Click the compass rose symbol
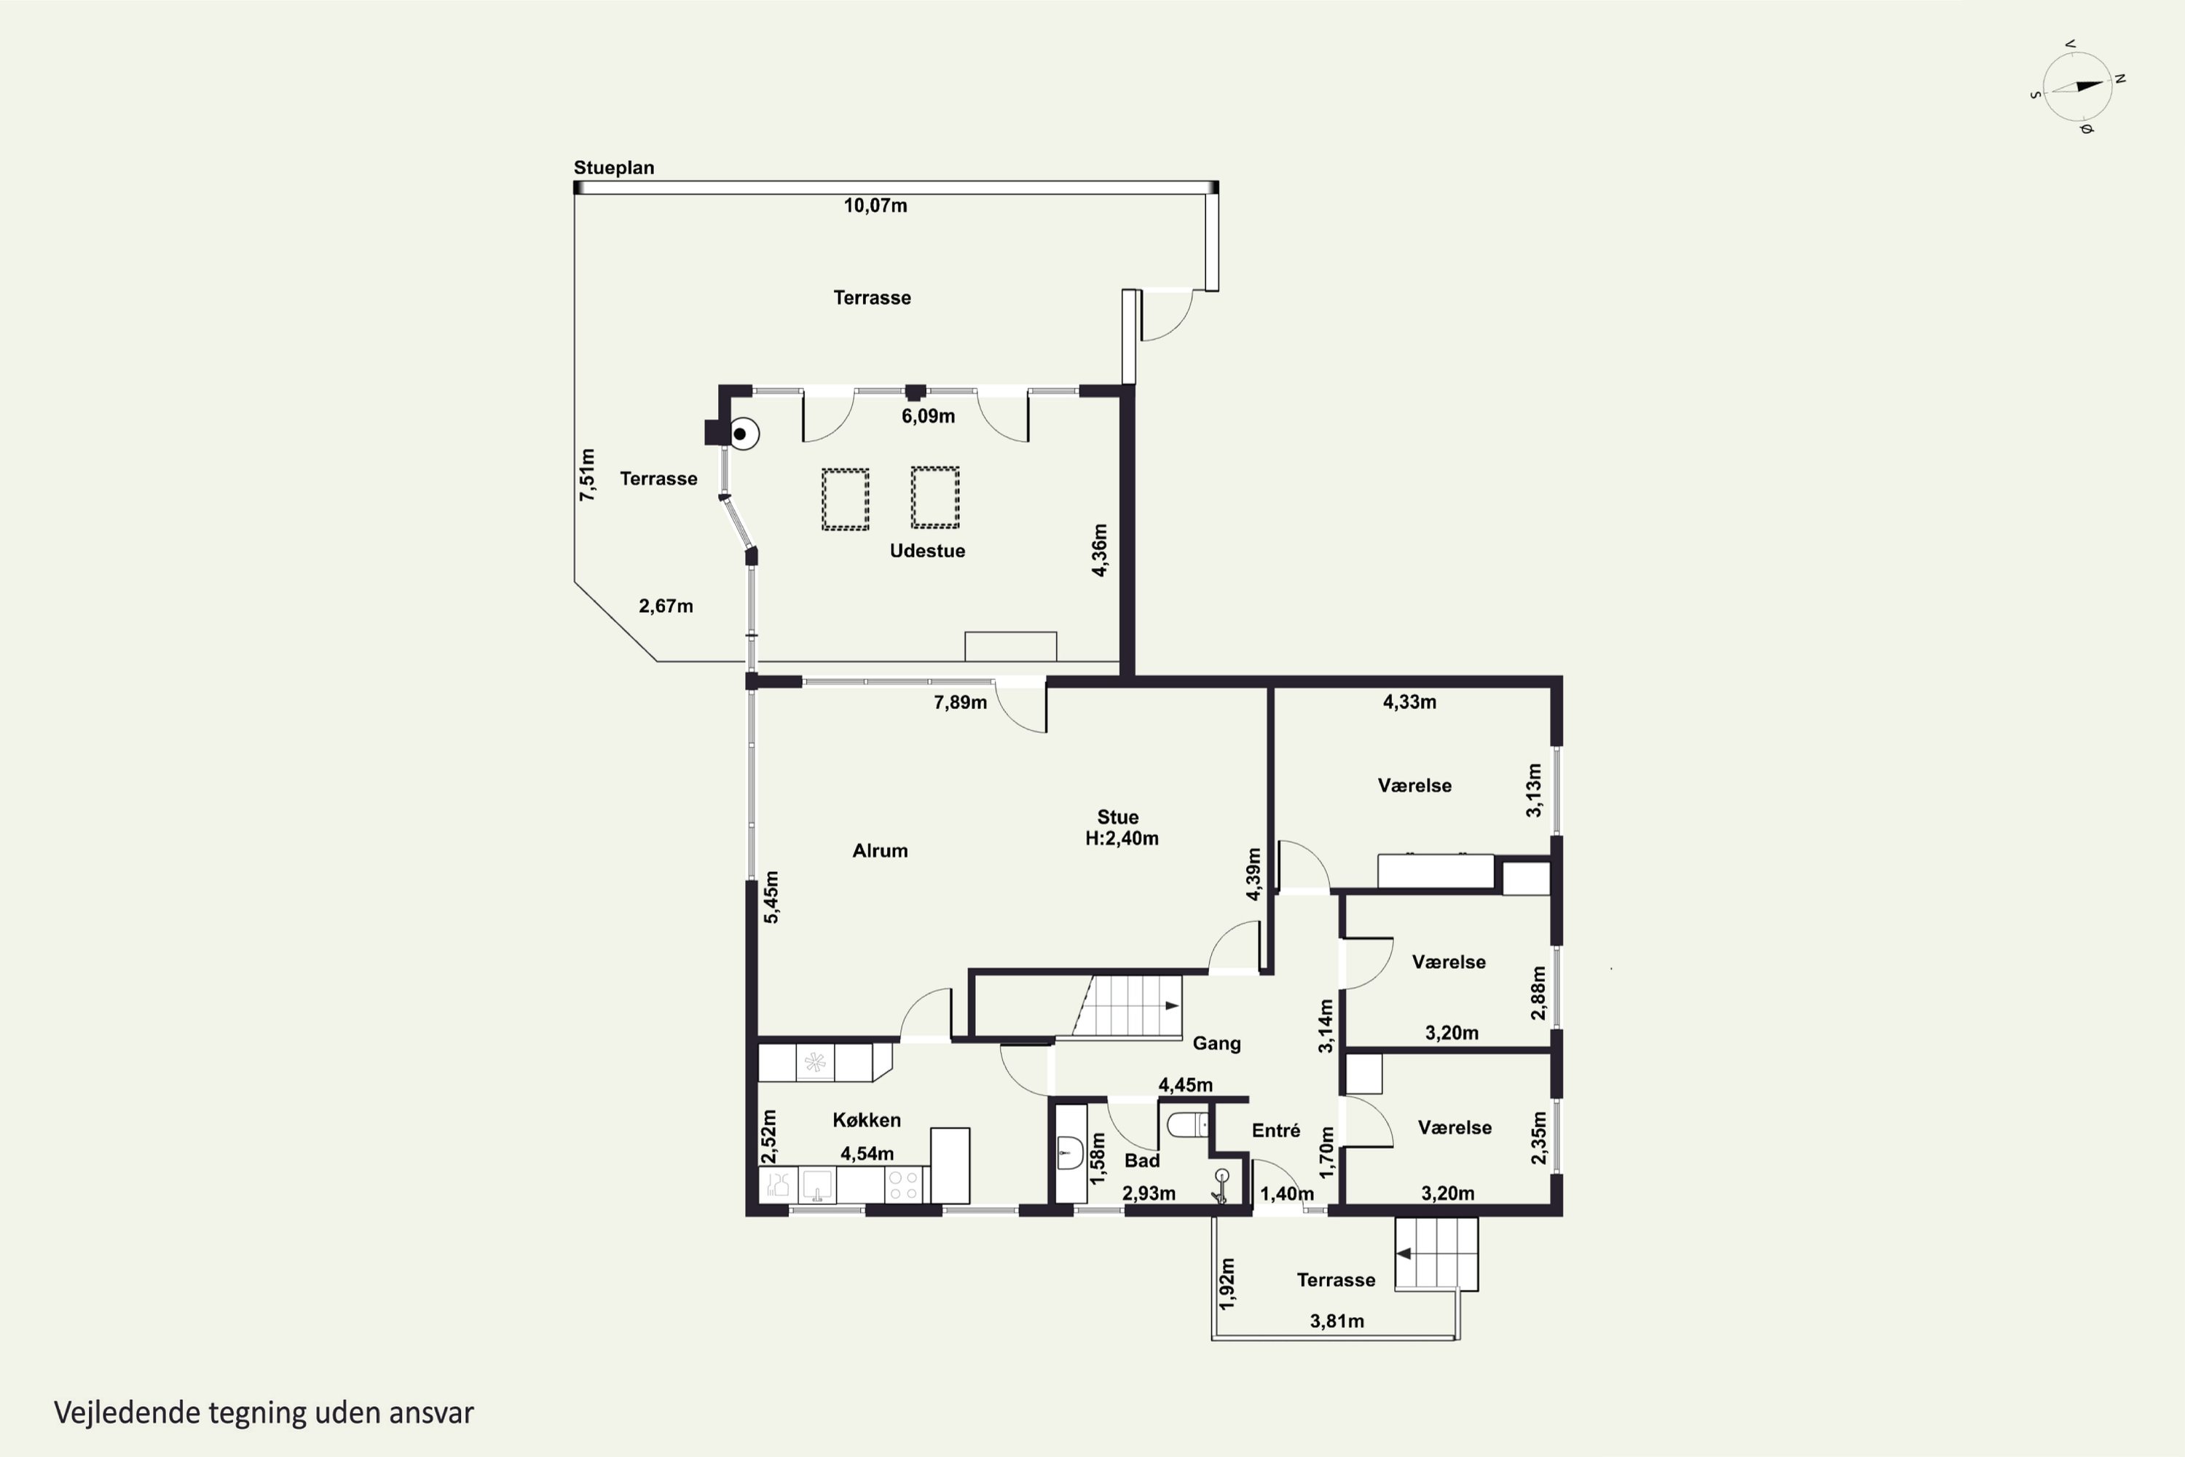(x=2078, y=87)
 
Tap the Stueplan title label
(x=613, y=168)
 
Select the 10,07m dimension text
(x=875, y=205)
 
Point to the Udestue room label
(x=927, y=551)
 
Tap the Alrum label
(x=880, y=850)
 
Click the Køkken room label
(x=867, y=1120)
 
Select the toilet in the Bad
(x=1187, y=1126)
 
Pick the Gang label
(x=1216, y=1043)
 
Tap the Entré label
(x=1275, y=1130)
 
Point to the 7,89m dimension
(x=960, y=702)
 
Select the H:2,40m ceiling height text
(x=1122, y=839)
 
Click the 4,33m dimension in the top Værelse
(x=1409, y=702)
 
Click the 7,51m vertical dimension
(x=586, y=475)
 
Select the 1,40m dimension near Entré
(x=1287, y=1194)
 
